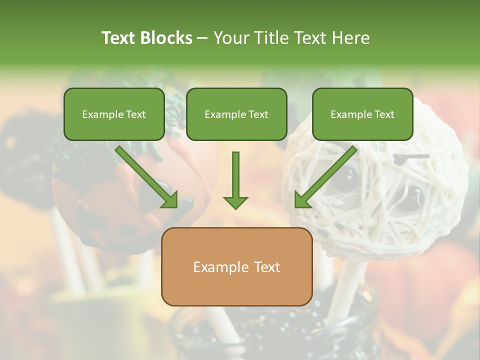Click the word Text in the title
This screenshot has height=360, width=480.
119,38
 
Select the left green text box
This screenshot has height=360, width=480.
114,114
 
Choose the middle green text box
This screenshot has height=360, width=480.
236,114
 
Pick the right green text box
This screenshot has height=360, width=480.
362,114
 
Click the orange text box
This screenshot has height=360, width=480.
236,266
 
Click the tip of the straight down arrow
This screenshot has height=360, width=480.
235,207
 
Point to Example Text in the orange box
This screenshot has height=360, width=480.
236,267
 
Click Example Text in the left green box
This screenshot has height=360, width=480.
114,114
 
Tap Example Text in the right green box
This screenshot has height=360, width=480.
362,114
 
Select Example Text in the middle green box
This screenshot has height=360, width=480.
236,114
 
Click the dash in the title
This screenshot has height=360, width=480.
202,38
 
